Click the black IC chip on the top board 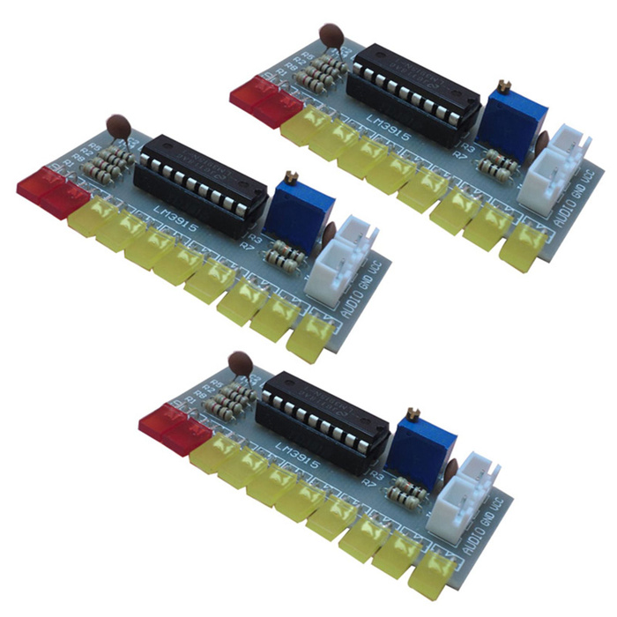click(413, 93)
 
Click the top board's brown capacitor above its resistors click(331, 37)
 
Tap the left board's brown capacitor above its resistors click(118, 127)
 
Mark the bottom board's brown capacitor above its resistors click(239, 362)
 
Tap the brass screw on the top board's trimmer click(506, 85)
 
